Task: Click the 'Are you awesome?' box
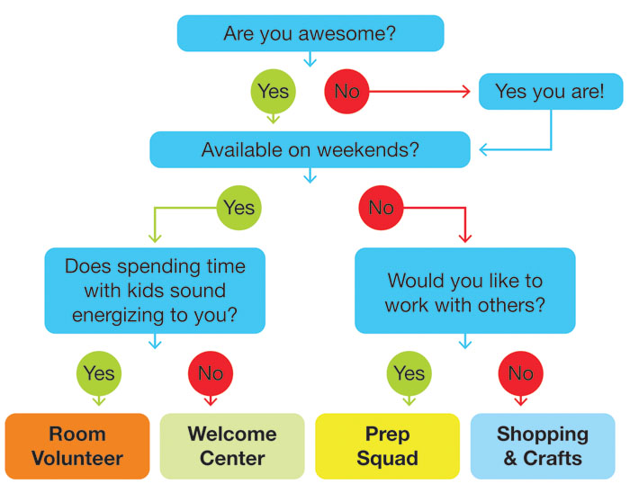[x=310, y=33]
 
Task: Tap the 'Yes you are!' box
[x=551, y=92]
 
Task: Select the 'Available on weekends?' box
[x=310, y=149]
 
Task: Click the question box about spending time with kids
[x=155, y=291]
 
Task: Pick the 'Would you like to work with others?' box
[x=465, y=291]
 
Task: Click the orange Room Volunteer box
[x=77, y=446]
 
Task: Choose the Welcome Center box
[x=232, y=446]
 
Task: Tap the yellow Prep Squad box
[x=387, y=446]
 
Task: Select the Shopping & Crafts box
[x=543, y=446]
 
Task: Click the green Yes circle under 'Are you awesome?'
[x=274, y=92]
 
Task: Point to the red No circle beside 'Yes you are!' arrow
[x=346, y=92]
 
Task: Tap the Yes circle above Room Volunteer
[x=99, y=373]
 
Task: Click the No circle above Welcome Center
[x=211, y=373]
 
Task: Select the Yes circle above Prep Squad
[x=409, y=373]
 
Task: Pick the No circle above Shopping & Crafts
[x=521, y=373]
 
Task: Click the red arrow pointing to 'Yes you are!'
[x=419, y=92]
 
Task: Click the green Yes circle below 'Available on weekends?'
[x=239, y=208]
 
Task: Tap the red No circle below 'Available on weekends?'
[x=381, y=208]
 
